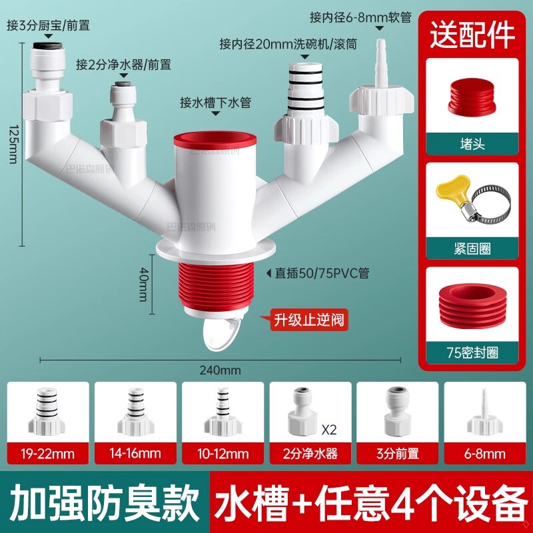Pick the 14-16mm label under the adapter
[x=135, y=455]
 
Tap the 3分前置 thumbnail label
[x=397, y=455]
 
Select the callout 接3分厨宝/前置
[x=48, y=26]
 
